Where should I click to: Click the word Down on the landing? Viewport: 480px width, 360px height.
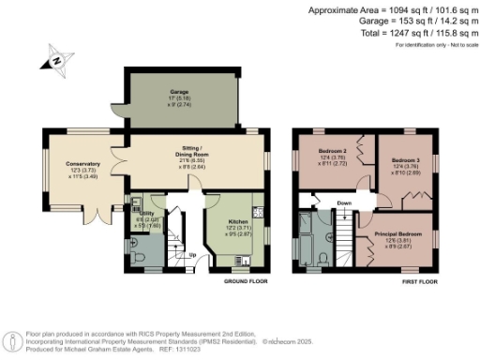pyautogui.click(x=345, y=202)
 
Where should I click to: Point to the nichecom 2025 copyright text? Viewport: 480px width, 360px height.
pyautogui.click(x=292, y=341)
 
